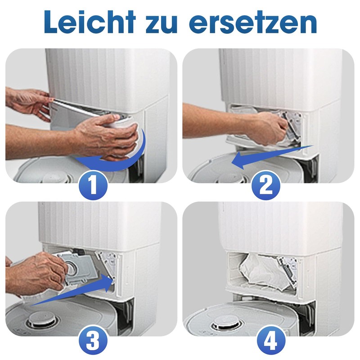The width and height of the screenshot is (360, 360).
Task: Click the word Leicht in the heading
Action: (x=90, y=22)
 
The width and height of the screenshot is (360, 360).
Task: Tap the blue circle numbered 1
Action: (x=93, y=185)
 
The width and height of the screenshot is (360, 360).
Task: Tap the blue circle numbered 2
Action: (x=266, y=185)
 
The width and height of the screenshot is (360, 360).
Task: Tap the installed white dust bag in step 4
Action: (x=262, y=272)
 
